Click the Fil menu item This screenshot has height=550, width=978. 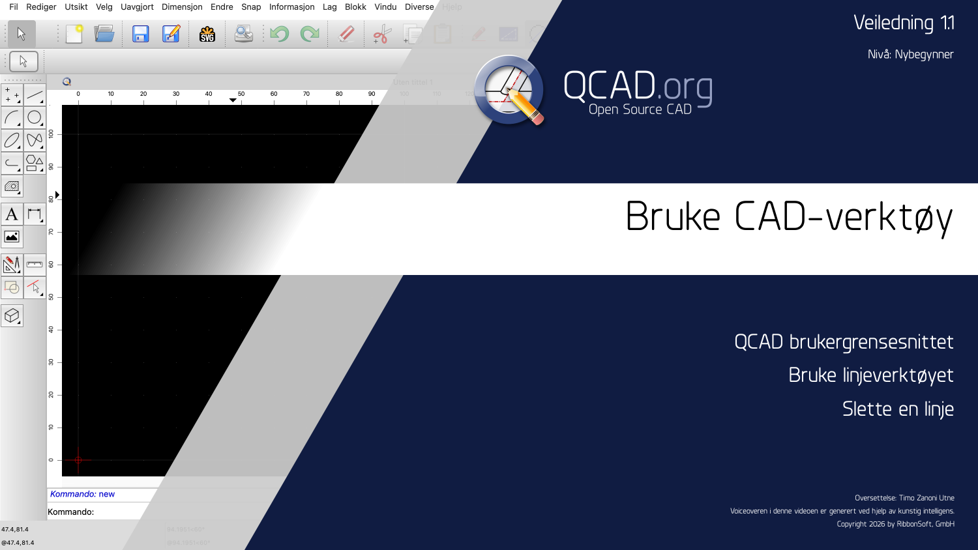point(14,7)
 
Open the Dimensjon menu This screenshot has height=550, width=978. point(182,7)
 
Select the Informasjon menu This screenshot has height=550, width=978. point(291,7)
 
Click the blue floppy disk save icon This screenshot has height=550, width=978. point(140,34)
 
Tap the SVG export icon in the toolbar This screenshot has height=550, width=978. point(207,34)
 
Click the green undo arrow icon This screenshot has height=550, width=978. point(279,34)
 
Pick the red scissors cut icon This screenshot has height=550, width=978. point(382,34)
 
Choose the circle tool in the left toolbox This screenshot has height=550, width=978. point(35,117)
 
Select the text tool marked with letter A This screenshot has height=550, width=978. point(12,214)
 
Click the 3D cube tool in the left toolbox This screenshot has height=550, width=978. point(12,316)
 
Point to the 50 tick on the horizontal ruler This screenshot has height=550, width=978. point(241,94)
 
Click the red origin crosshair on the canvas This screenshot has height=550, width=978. point(78,460)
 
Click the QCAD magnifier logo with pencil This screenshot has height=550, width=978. point(509,90)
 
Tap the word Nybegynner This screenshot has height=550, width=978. point(924,55)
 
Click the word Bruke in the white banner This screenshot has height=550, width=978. point(673,217)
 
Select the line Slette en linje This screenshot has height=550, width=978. point(898,409)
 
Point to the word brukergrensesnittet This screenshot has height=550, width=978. point(871,342)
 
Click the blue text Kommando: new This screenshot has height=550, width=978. point(82,494)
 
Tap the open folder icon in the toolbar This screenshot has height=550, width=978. point(104,34)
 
